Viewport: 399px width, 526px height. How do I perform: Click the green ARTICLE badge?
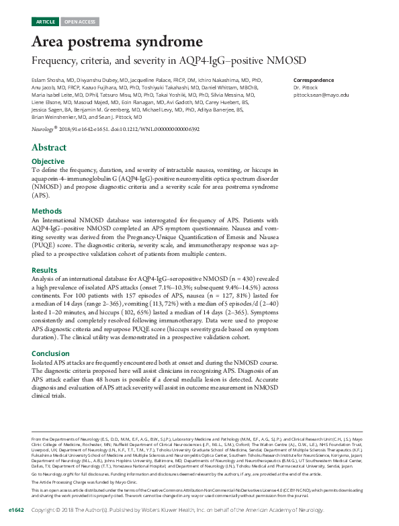(46, 21)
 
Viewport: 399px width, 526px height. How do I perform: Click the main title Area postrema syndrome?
(117, 42)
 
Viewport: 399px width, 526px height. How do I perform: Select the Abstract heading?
(49, 148)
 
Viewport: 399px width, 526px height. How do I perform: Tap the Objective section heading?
(48, 162)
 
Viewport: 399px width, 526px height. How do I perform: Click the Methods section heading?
(47, 211)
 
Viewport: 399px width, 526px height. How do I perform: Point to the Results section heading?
(45, 269)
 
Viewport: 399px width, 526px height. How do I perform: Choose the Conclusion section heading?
(50, 353)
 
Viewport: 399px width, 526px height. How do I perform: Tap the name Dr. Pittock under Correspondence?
(306, 87)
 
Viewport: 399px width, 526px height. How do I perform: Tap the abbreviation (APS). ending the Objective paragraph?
(41, 196)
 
